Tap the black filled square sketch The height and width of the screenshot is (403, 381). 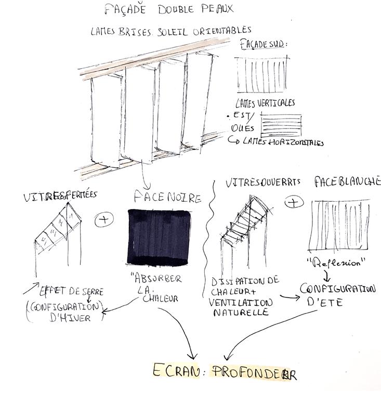tap(159, 236)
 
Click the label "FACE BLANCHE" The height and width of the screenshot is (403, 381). tap(347, 181)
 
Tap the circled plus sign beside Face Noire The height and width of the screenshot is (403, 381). tap(105, 219)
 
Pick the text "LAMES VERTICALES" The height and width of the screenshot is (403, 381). tap(265, 103)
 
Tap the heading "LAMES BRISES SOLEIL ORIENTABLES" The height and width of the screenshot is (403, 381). tap(171, 31)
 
